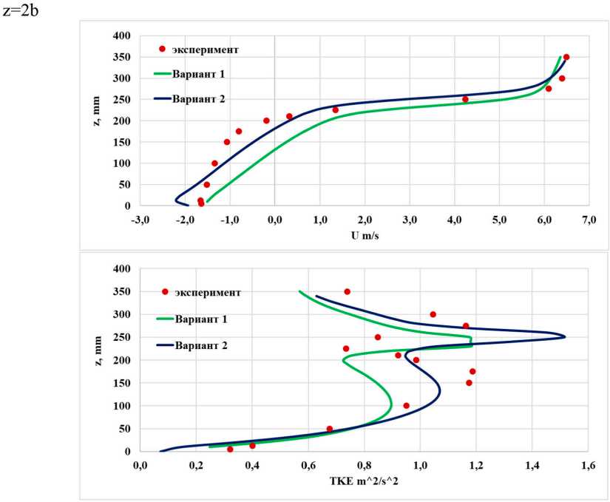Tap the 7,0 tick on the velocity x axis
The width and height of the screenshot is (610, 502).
589,220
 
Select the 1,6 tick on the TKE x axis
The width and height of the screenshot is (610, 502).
589,466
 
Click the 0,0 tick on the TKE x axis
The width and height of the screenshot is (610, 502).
139,466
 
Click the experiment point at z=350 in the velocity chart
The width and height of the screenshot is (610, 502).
566,57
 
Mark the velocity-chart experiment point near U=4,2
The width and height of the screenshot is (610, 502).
465,99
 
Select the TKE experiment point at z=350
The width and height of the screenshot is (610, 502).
347,291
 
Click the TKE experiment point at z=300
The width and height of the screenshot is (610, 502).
433,314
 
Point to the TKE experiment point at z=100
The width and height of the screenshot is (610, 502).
406,405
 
